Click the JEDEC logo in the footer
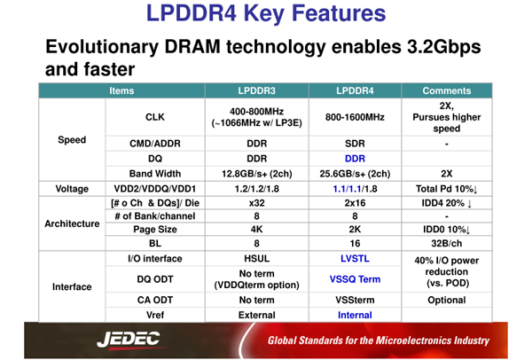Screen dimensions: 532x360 click(x=129, y=340)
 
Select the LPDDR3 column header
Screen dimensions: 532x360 click(x=256, y=90)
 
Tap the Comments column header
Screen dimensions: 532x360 click(x=447, y=90)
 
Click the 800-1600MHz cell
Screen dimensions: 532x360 click(x=355, y=117)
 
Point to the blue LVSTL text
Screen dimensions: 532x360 click(x=355, y=259)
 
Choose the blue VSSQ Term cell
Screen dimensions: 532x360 click(x=355, y=279)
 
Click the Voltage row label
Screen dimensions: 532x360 click(x=72, y=189)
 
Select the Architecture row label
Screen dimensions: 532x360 click(x=72, y=223)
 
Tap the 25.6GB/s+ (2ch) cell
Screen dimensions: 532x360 click(x=355, y=174)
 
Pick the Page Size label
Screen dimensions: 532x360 click(x=155, y=230)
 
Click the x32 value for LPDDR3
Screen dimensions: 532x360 click(x=256, y=203)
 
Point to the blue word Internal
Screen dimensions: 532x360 click(x=355, y=315)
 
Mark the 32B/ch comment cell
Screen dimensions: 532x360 click(x=447, y=243)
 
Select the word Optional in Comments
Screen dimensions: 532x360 click(x=447, y=300)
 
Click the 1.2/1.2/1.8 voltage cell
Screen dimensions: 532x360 click(x=257, y=189)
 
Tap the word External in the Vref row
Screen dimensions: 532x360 click(x=257, y=315)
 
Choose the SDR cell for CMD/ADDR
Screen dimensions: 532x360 click(x=355, y=144)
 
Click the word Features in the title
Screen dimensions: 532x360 click(x=339, y=13)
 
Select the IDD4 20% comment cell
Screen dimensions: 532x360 click(x=447, y=203)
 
